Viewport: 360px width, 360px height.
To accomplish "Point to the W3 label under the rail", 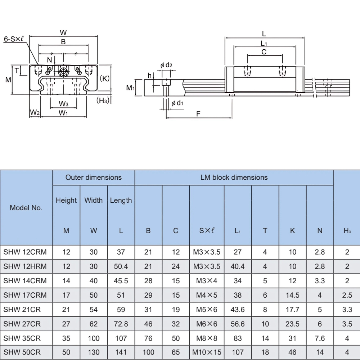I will tap(63, 104).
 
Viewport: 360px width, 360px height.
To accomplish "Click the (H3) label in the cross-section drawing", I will tap(103, 100).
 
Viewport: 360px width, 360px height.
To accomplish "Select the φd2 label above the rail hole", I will tap(166, 65).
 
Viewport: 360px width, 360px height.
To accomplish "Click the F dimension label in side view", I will tap(198, 114).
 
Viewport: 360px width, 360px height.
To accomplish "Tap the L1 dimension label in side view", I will tap(264, 43).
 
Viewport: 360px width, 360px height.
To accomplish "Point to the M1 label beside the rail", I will tap(130, 87).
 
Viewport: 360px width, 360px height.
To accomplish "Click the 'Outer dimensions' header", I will tap(94, 177).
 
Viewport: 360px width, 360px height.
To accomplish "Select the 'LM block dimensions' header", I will tap(234, 177).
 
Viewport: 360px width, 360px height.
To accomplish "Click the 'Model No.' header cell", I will tap(26, 208).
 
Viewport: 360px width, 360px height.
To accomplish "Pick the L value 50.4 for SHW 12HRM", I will tap(121, 266).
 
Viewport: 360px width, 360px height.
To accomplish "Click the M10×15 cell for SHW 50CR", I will tap(207, 352).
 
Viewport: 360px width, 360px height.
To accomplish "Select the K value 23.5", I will tap(292, 324).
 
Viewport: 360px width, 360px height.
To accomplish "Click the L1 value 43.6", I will tap(238, 309).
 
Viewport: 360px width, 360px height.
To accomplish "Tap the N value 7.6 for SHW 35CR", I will tap(320, 338).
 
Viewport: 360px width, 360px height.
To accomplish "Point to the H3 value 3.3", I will tap(347, 309).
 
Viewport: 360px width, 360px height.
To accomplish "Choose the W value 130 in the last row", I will tap(94, 352).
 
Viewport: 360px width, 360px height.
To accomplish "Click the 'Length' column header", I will tap(121, 201).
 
